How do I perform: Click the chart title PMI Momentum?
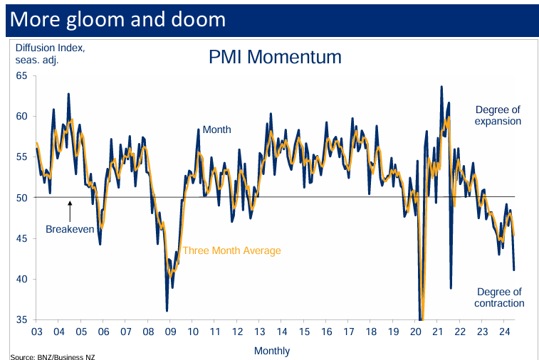(275, 57)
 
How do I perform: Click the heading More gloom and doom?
(117, 19)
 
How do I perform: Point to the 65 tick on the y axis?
(21, 75)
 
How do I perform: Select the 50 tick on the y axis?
(21, 197)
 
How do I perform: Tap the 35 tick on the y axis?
(21, 319)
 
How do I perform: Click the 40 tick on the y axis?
(21, 279)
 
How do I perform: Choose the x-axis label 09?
(170, 332)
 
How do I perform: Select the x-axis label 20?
(416, 332)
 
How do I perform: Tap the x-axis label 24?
(505, 332)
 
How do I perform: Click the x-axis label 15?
(304, 332)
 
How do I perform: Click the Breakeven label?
(70, 229)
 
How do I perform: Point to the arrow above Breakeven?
(70, 211)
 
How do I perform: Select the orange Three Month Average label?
(231, 250)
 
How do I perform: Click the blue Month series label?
(216, 130)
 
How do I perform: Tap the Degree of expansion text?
(498, 115)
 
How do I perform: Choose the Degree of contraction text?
(499, 297)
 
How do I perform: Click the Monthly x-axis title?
(272, 351)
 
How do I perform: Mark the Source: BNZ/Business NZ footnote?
(52, 356)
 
